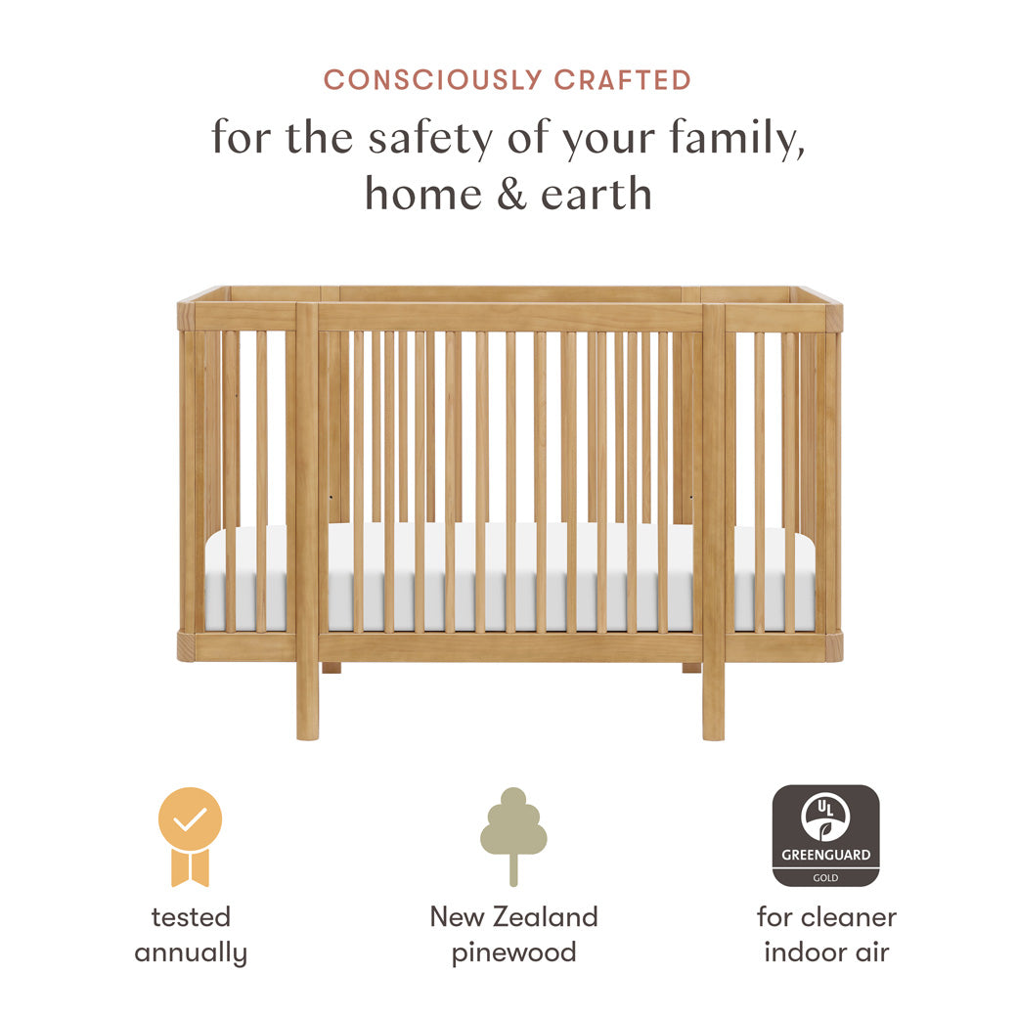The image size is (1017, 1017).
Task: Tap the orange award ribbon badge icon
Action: click(191, 835)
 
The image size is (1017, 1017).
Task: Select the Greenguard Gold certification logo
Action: click(825, 835)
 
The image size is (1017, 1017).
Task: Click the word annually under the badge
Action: click(191, 952)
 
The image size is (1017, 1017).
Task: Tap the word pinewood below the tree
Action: click(512, 952)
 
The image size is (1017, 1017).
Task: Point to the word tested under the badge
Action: click(191, 917)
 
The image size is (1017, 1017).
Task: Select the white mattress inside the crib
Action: click(508, 577)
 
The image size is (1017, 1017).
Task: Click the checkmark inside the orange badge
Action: click(191, 819)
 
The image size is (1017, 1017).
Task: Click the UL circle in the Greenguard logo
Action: click(825, 815)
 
